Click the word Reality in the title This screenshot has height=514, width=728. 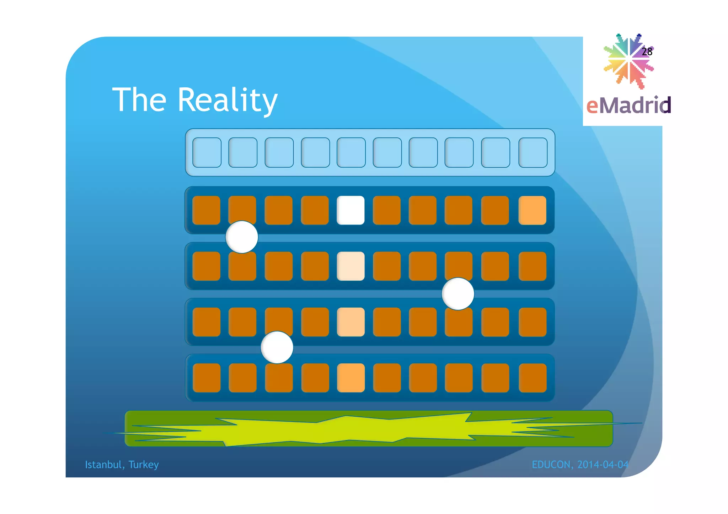click(x=227, y=100)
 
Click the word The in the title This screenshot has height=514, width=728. click(x=139, y=100)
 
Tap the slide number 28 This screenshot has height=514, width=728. click(x=647, y=52)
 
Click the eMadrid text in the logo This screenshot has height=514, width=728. click(x=628, y=105)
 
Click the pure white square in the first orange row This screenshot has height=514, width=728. click(x=350, y=210)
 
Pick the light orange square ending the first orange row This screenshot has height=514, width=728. click(x=532, y=210)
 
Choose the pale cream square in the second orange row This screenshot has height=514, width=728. click(x=350, y=266)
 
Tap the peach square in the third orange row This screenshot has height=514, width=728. click(x=350, y=322)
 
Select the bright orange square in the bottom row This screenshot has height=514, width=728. click(x=350, y=378)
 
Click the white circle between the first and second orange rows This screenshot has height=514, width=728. click(x=242, y=237)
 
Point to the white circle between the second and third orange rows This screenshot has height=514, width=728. click(x=458, y=294)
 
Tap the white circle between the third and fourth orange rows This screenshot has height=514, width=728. click(x=277, y=347)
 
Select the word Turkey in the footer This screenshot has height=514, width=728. click(x=144, y=465)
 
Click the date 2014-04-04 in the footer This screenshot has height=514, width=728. click(x=603, y=465)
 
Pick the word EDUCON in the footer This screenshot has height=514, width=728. click(x=551, y=465)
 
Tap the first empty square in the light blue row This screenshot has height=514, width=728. click(x=207, y=152)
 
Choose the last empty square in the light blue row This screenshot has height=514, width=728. click(x=533, y=152)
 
